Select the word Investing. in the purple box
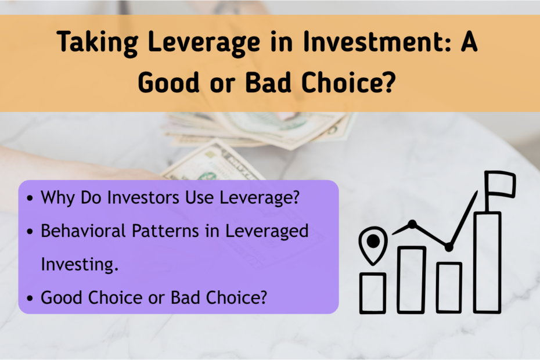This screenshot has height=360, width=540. click(x=80, y=264)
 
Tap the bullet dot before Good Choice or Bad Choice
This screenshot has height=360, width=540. click(x=30, y=298)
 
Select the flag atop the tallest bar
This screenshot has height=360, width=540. click(x=500, y=184)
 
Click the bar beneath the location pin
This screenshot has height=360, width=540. click(x=373, y=293)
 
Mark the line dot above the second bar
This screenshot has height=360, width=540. click(x=412, y=224)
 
